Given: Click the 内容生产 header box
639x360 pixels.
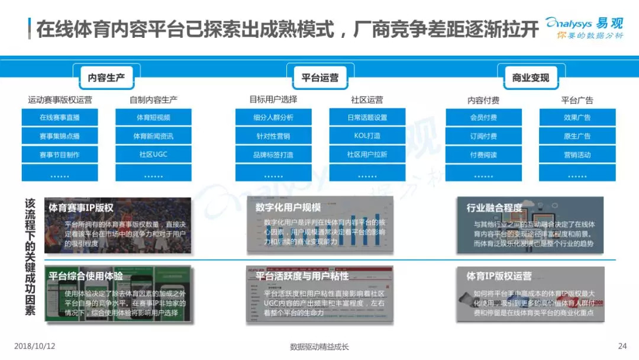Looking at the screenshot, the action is tap(106, 78).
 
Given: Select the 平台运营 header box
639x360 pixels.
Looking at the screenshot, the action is tap(320, 78).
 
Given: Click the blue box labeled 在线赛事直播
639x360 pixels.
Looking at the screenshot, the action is tap(60, 117).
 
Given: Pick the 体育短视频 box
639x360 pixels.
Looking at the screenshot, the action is tap(153, 117).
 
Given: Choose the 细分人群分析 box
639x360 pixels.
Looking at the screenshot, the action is tap(273, 117).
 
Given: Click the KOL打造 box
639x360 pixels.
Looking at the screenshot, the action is tap(367, 136).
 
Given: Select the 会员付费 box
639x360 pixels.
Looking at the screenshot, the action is tap(483, 117).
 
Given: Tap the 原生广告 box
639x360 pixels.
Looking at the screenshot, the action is tap(577, 136).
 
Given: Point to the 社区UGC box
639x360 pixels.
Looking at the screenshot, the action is tap(153, 155).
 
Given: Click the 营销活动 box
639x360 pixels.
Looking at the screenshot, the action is tap(577, 155).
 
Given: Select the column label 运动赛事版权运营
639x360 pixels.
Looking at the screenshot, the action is tap(60, 99).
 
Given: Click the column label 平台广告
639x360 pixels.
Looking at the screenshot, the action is tap(577, 100).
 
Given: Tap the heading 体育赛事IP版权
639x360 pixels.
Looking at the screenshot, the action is tap(81, 208).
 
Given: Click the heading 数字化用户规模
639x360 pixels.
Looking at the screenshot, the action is tap(288, 207).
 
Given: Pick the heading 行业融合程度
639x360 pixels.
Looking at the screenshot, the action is tap(495, 207).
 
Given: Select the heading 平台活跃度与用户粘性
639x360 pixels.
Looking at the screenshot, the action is tap(302, 276).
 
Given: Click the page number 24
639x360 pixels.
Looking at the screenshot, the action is tap(622, 346).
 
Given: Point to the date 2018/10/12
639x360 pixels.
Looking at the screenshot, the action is tap(34, 346).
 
